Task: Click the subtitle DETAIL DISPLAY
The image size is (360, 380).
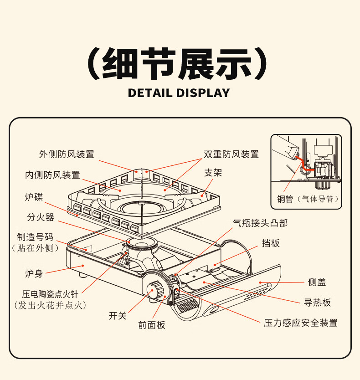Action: [179, 93]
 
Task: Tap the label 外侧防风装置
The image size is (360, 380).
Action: [67, 154]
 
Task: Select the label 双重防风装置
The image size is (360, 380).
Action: [231, 154]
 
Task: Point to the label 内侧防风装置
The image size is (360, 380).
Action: [52, 175]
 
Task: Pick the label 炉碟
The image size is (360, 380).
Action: [34, 197]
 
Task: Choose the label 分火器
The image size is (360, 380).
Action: [41, 217]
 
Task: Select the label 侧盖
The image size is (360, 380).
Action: [317, 282]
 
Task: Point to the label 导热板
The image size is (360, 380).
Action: [317, 302]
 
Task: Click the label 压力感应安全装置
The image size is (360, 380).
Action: [301, 323]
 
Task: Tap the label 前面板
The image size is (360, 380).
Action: [152, 325]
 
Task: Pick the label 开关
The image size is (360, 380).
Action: [118, 315]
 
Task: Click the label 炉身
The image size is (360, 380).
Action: [34, 273]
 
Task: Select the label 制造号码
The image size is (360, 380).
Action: [35, 237]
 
